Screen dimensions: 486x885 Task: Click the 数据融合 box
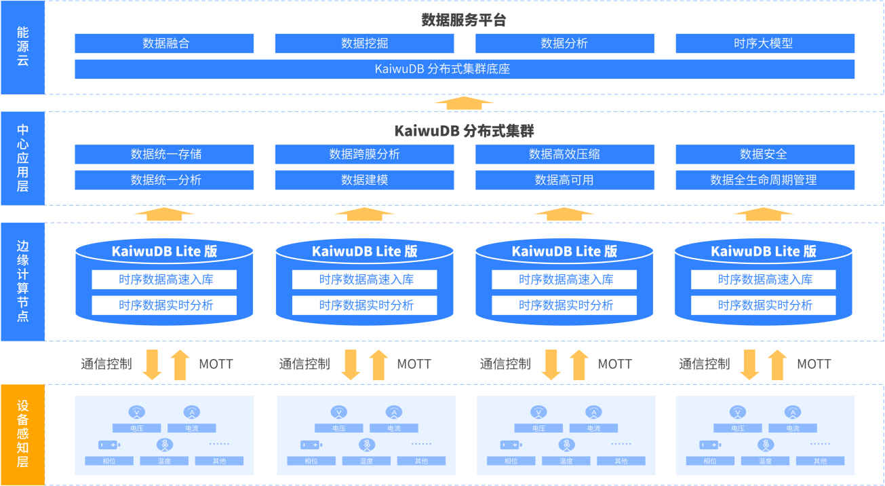[x=164, y=43]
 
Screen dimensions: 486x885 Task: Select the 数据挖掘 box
[x=364, y=43]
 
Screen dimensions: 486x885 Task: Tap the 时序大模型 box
[x=765, y=43]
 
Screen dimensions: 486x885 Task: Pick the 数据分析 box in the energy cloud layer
[x=564, y=43]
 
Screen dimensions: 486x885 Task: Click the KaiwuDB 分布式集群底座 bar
[x=465, y=69]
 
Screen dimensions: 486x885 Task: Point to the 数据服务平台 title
[x=464, y=20]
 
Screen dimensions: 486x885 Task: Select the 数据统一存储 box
[x=164, y=154]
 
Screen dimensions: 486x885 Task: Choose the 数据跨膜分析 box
[x=364, y=154]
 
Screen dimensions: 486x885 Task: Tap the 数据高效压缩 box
[x=564, y=154]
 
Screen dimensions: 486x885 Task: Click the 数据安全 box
[x=765, y=154]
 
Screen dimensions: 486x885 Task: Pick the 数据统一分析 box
[x=164, y=180]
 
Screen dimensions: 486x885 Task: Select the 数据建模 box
[x=364, y=180]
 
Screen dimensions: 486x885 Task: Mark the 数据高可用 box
[x=564, y=180]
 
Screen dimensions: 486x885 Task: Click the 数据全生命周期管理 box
[x=765, y=180]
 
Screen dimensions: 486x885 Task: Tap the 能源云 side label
[x=22, y=47]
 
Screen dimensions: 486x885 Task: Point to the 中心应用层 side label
[x=22, y=158]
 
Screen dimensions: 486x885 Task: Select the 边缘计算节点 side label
[x=22, y=281]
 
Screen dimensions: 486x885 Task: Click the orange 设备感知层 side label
[x=22, y=434]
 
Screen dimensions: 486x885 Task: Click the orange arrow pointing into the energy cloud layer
[x=464, y=103]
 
